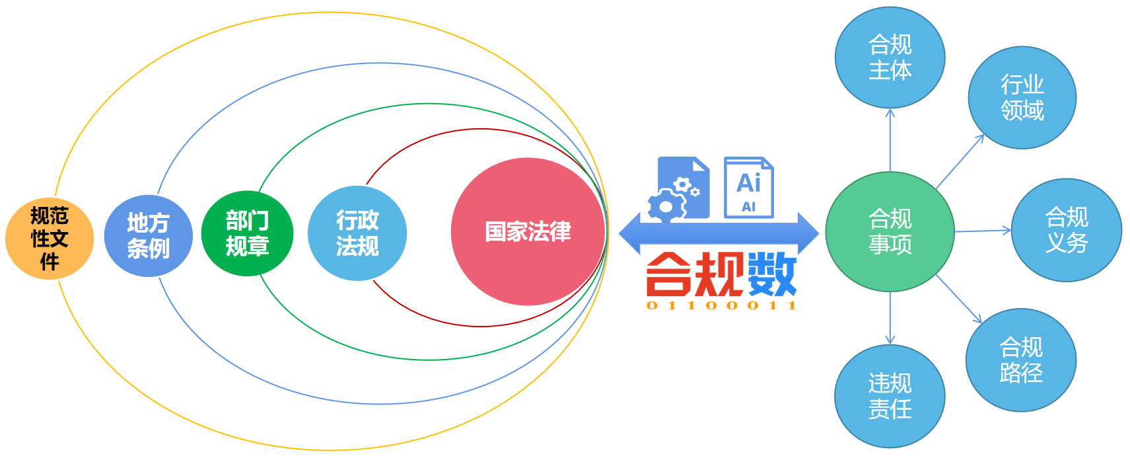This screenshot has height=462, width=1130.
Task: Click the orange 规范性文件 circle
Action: click(50, 239)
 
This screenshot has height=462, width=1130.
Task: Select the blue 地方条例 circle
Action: click(148, 236)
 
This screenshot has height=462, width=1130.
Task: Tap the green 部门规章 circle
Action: click(247, 233)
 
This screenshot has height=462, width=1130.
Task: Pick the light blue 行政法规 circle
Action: click(357, 233)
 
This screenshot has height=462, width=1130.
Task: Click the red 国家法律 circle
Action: click(528, 231)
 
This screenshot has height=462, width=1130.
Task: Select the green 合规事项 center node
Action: click(890, 231)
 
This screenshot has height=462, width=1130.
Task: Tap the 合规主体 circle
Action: click(890, 58)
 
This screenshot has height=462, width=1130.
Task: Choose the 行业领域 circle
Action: click(1022, 98)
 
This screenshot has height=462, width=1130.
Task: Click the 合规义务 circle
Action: click(1066, 230)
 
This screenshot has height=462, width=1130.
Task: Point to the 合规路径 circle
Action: click(1020, 360)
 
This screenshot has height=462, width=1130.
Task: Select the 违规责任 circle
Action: click(890, 396)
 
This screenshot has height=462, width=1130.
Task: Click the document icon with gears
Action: click(680, 189)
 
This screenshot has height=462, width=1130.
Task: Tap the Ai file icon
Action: click(748, 188)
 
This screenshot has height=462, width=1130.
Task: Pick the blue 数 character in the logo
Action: click(771, 274)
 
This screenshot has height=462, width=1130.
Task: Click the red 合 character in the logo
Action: click(668, 274)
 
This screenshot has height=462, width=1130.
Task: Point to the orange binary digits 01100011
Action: click(721, 305)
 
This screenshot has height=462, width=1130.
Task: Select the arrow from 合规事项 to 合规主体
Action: click(890, 140)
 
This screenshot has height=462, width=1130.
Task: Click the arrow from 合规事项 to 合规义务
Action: click(982, 231)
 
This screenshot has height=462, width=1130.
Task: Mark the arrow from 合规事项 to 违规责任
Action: click(890, 318)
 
